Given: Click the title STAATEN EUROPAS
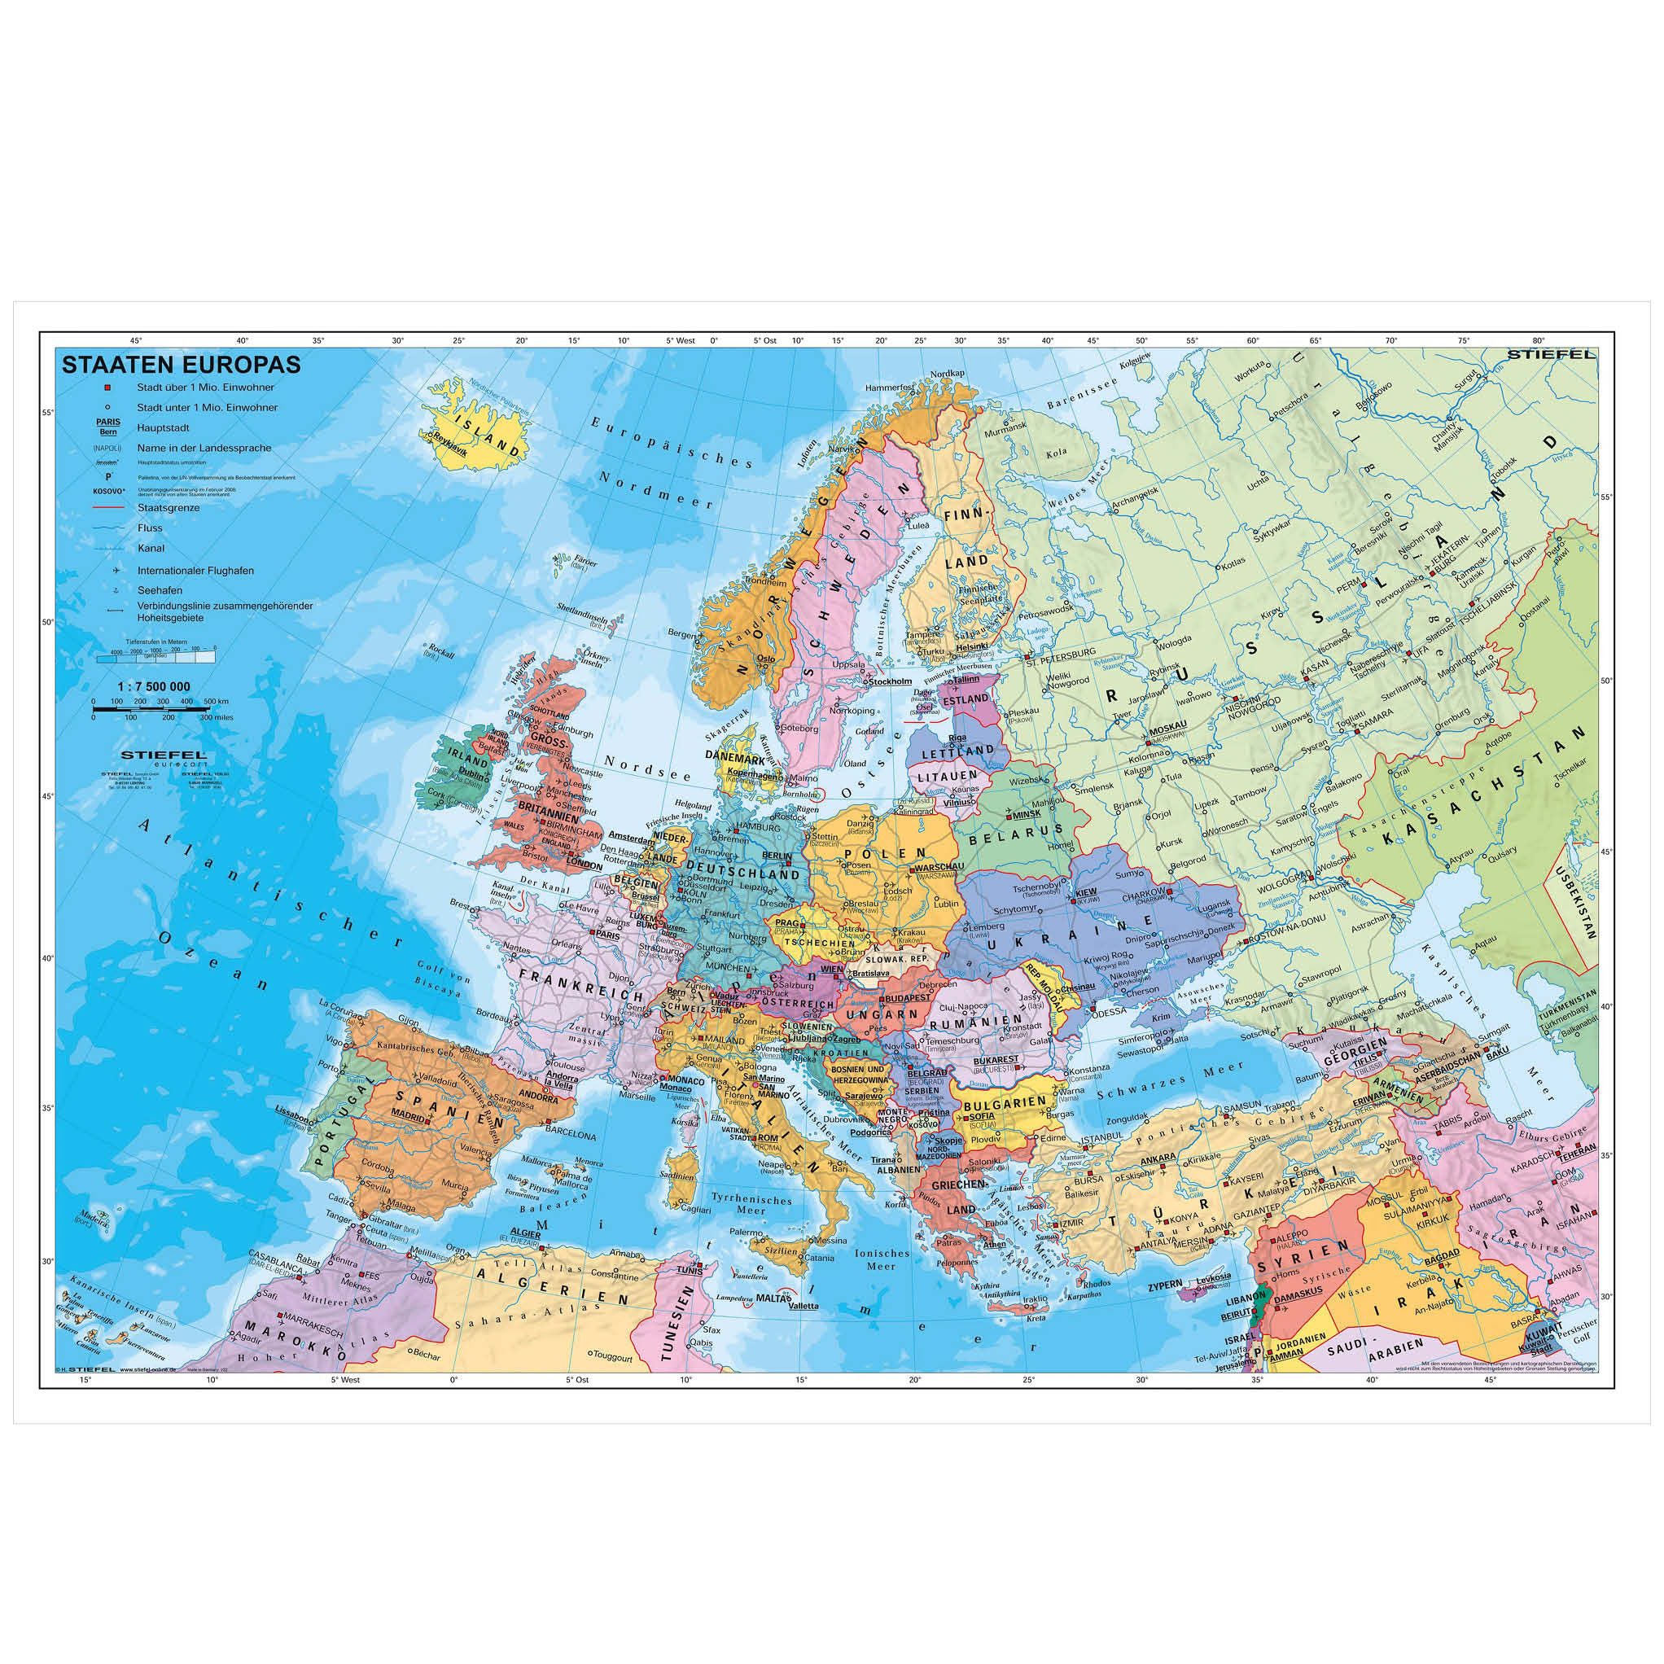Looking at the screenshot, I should (x=181, y=363).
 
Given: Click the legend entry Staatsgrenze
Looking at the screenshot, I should (x=168, y=508).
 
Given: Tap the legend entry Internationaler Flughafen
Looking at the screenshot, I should (x=195, y=570).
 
